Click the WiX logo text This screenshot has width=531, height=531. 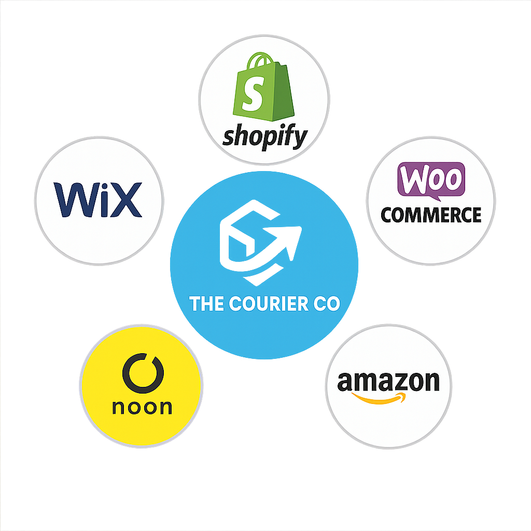click(x=98, y=200)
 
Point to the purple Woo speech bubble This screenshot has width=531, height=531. click(x=431, y=179)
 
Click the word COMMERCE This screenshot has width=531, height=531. click(x=431, y=214)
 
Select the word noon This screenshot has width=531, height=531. click(x=142, y=407)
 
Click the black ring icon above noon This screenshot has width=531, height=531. click(x=142, y=374)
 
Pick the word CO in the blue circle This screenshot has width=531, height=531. click(x=326, y=303)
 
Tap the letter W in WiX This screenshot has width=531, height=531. click(x=73, y=200)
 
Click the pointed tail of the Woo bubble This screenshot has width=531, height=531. click(x=437, y=198)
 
